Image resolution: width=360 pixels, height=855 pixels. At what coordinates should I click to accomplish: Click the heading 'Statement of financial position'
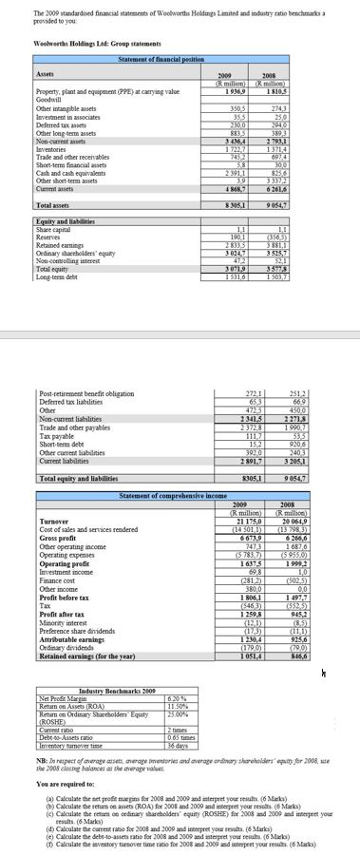(x=161, y=60)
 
